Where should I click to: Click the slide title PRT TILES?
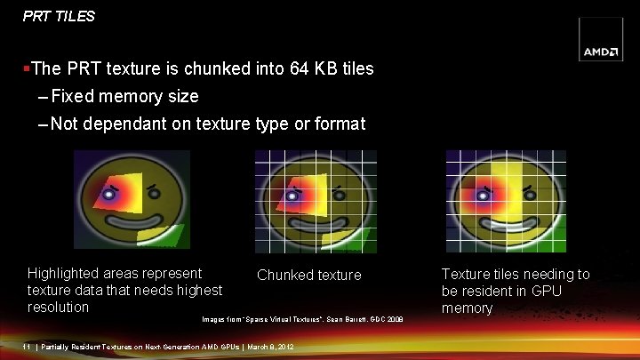click(x=59, y=16)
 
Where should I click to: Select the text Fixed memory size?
click(x=124, y=96)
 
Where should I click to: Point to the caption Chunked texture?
click(x=309, y=276)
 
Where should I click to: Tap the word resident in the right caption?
click(x=499, y=291)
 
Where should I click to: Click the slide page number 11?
click(x=29, y=347)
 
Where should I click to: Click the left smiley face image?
click(x=132, y=200)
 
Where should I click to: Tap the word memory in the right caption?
click(x=467, y=308)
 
